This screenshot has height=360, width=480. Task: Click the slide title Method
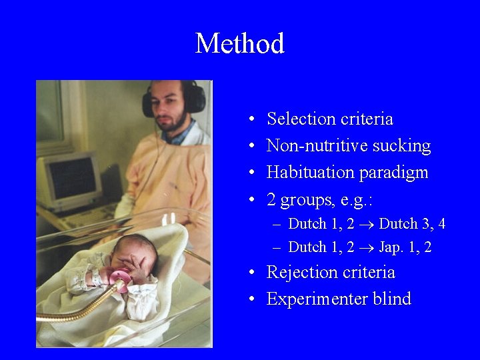239,44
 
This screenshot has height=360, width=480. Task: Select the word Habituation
310,173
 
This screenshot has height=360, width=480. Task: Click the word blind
393,299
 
